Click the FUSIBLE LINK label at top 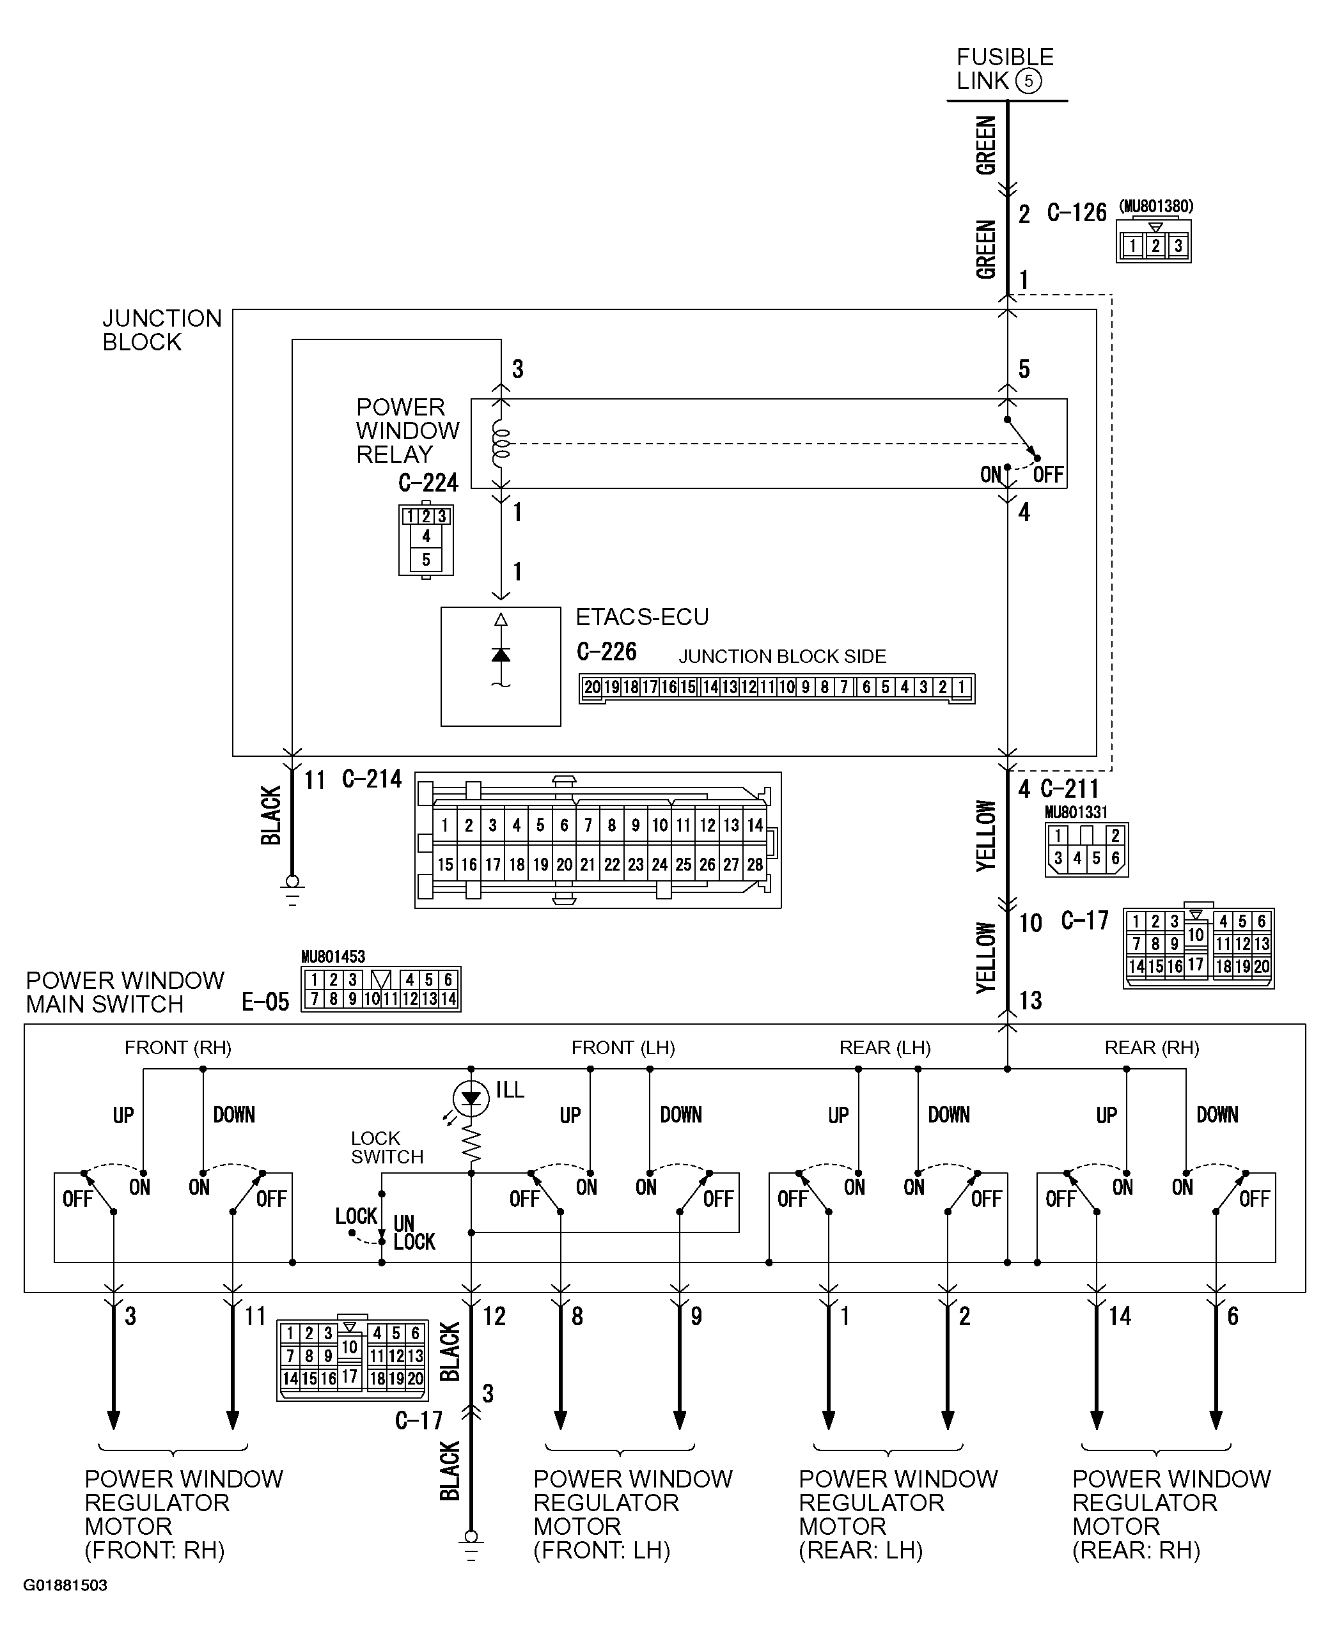click(1004, 69)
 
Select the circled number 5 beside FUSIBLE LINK click(1028, 81)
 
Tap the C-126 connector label click(1076, 213)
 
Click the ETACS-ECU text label click(642, 616)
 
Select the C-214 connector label click(372, 779)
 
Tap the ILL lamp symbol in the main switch click(471, 1098)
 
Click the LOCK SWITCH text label click(387, 1147)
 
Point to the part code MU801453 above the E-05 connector click(332, 956)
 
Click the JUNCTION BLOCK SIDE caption click(781, 656)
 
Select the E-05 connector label click(265, 1002)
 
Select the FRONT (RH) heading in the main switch click(178, 1048)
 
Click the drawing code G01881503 click(65, 1585)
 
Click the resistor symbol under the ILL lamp click(471, 1144)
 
